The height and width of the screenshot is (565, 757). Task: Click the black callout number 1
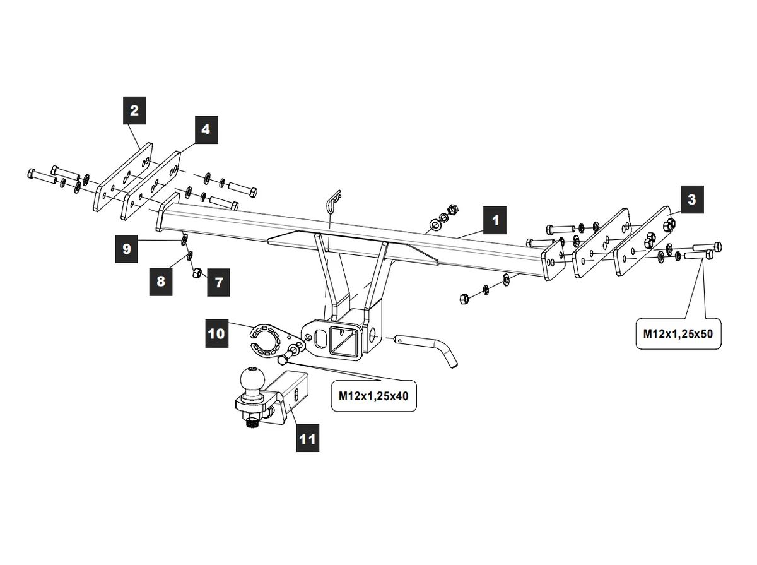pyautogui.click(x=496, y=220)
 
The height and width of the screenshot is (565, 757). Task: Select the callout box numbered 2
pyautogui.click(x=134, y=111)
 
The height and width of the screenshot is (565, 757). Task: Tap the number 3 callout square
pyautogui.click(x=692, y=199)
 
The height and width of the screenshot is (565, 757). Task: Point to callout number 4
pyautogui.click(x=206, y=130)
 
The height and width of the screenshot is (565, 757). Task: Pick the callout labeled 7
pyautogui.click(x=218, y=282)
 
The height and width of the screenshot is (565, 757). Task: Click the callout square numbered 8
pyautogui.click(x=161, y=280)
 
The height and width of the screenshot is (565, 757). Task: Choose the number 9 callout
pyautogui.click(x=127, y=248)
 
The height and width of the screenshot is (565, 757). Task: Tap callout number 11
pyautogui.click(x=307, y=437)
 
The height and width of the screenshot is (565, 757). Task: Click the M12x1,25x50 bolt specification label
pyautogui.click(x=678, y=333)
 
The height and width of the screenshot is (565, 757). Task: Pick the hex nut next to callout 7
pyautogui.click(x=196, y=273)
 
